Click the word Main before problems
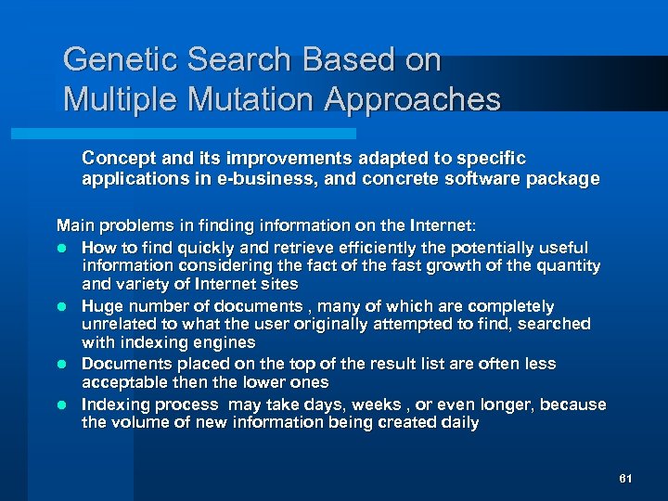(x=74, y=225)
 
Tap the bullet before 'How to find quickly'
(x=62, y=248)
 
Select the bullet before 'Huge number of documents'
(x=62, y=306)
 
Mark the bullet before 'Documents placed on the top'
(x=62, y=365)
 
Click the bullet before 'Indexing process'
(x=62, y=405)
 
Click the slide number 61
(x=624, y=479)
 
